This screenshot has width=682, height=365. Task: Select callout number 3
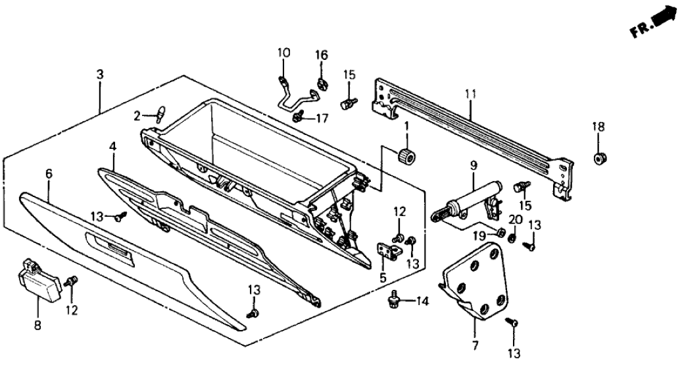pos(99,75)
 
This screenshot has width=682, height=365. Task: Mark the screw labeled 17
pos(299,117)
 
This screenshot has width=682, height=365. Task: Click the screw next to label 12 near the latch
pos(72,281)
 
